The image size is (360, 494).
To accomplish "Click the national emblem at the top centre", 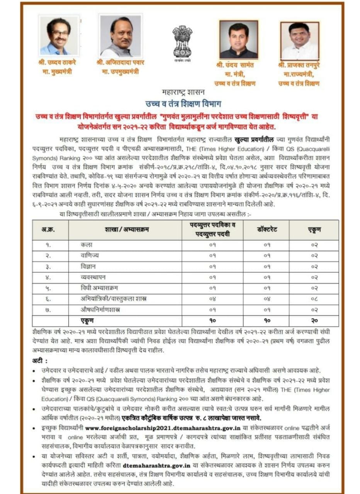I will click(182, 41).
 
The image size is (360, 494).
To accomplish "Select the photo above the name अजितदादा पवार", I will click(120, 35).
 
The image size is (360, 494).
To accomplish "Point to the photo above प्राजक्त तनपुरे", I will click(299, 41).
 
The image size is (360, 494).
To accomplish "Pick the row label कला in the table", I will click(85, 245).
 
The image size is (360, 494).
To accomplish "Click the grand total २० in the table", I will click(314, 320).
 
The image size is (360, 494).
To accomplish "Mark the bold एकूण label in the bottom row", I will click(87, 320).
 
